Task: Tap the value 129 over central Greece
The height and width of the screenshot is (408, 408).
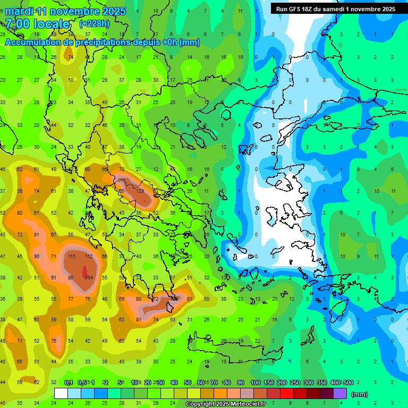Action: [x=140, y=191]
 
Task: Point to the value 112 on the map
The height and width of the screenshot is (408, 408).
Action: [x=88, y=257]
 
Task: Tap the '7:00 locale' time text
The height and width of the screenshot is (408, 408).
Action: [x=37, y=24]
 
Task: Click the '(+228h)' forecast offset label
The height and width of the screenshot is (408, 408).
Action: [x=95, y=24]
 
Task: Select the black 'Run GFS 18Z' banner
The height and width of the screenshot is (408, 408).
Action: [x=336, y=8]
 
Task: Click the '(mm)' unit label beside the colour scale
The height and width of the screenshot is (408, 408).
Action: [x=360, y=394]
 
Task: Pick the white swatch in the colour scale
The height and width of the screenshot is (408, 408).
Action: [x=61, y=394]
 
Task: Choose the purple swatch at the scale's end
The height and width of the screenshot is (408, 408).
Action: [x=339, y=394]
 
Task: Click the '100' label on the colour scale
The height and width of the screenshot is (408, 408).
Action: [x=255, y=382]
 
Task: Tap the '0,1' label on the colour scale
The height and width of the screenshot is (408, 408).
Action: [x=69, y=382]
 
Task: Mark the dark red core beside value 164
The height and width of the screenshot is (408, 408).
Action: [x=85, y=271]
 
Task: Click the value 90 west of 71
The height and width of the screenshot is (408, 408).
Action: [x=37, y=257]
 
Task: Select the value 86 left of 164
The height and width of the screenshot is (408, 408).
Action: [x=71, y=278]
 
